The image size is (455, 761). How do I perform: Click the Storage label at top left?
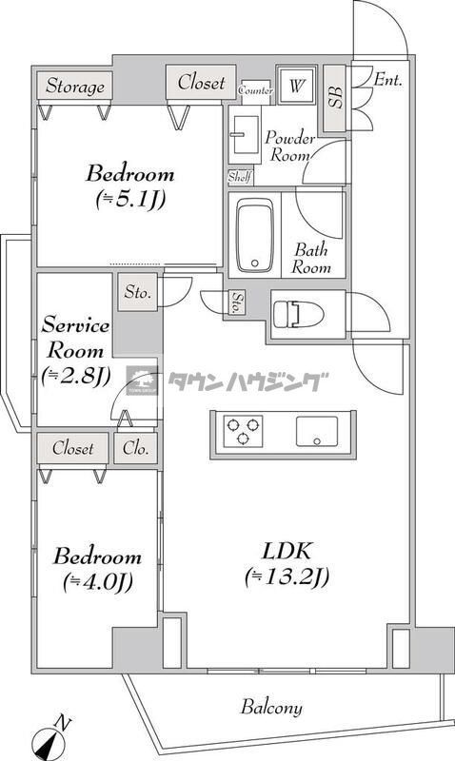point(74,87)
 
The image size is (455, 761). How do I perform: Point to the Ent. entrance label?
point(386,81)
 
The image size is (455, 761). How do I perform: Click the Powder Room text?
point(287,145)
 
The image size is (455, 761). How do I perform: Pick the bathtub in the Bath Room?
point(253,235)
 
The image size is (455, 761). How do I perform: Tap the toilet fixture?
point(297,313)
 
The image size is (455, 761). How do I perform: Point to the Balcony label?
point(271,707)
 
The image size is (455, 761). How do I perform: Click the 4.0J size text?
point(97,581)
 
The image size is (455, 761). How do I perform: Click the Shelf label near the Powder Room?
point(239,177)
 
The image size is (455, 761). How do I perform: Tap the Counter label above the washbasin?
point(256,90)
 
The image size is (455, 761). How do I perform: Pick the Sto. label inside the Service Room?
point(137,292)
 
